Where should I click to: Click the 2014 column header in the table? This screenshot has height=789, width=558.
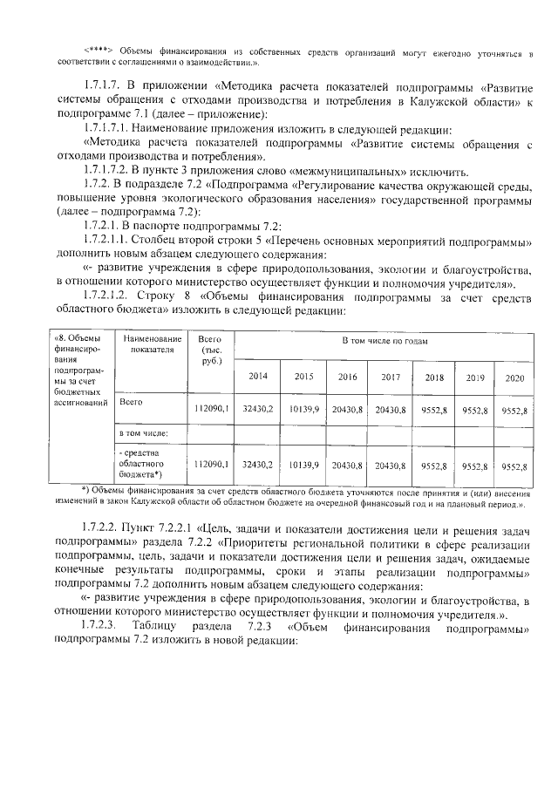[258, 377]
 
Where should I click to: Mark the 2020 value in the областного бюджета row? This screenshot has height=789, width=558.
[512, 466]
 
